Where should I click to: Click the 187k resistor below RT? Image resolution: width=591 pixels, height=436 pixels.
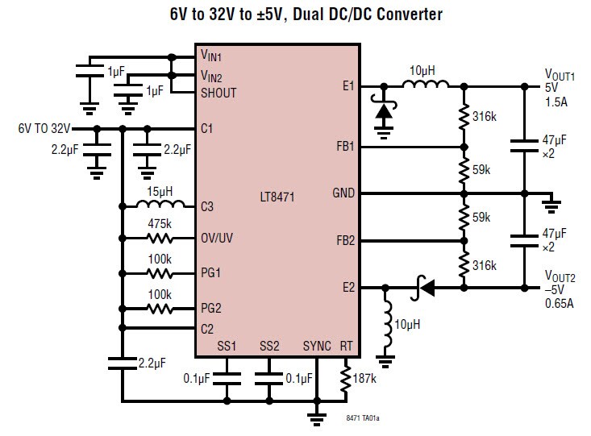pos(347,379)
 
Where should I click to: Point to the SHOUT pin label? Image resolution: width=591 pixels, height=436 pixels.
pos(219,93)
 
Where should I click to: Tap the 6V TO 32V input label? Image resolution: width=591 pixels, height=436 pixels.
pos(44,128)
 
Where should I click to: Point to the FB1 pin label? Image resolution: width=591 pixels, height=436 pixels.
pos(344,147)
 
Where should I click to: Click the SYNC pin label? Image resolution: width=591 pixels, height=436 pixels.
pos(317,346)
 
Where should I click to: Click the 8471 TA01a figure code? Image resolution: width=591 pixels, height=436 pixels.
pos(363,418)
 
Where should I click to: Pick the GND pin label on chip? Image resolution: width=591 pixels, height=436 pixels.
pos(343,193)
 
